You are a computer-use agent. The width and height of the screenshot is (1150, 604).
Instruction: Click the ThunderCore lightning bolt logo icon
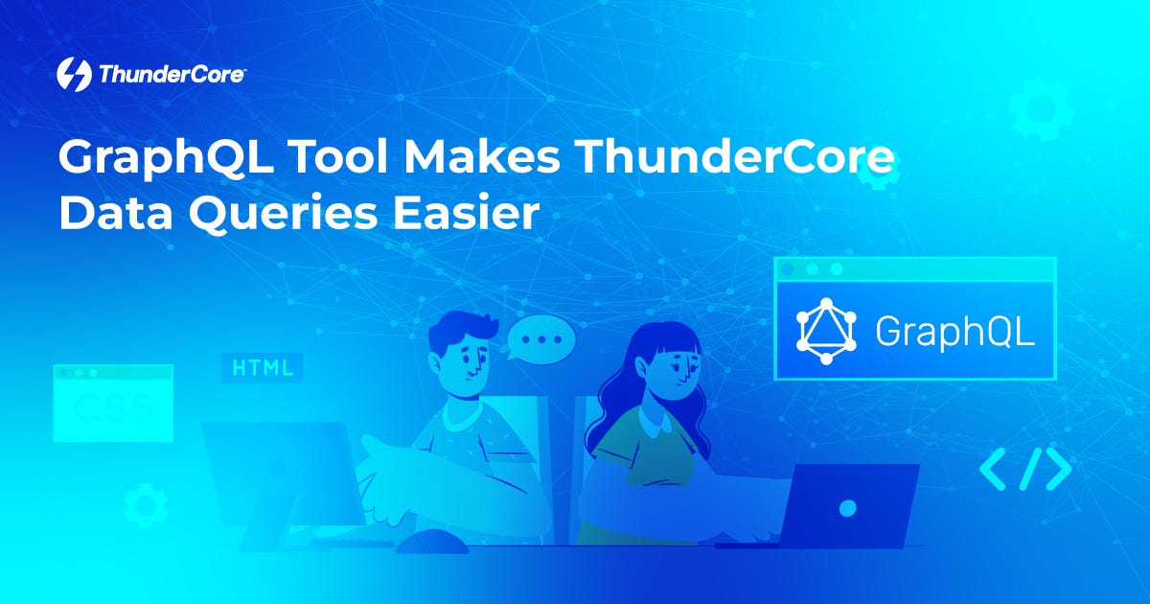coord(75,74)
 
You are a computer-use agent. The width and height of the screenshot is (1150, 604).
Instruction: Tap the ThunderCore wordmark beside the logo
coord(171,75)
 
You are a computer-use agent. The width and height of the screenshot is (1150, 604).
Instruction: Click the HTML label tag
coord(263,368)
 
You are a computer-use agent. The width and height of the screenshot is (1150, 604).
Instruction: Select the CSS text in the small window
coord(112,409)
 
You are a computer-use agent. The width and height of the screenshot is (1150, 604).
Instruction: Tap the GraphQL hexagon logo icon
coord(826,331)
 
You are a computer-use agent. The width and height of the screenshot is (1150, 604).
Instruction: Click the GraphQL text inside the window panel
coord(954,331)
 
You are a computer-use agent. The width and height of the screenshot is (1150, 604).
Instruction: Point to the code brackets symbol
coord(1024,469)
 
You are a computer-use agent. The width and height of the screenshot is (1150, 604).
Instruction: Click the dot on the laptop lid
coord(847,508)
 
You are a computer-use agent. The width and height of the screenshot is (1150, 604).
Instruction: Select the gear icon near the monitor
coord(146,505)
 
